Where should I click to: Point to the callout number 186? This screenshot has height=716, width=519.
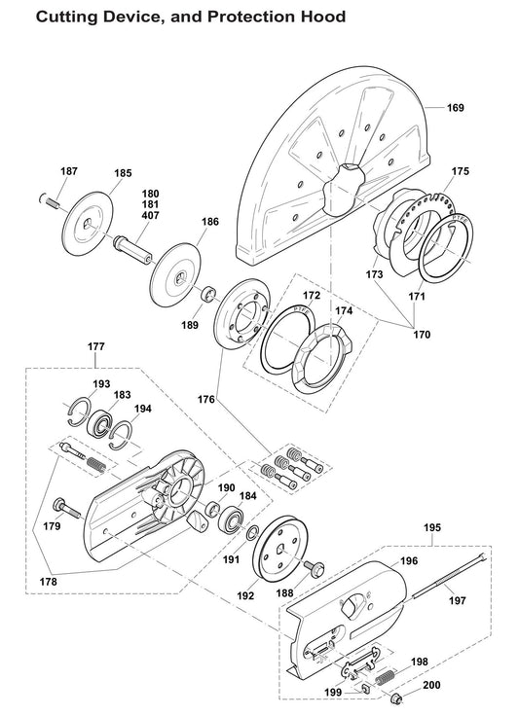(x=209, y=223)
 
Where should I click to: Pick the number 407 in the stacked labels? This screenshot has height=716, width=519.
(x=152, y=216)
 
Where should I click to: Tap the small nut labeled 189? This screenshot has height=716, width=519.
(x=207, y=293)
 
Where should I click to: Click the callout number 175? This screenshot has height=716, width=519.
(x=461, y=170)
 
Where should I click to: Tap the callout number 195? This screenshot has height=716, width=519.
(x=432, y=527)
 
